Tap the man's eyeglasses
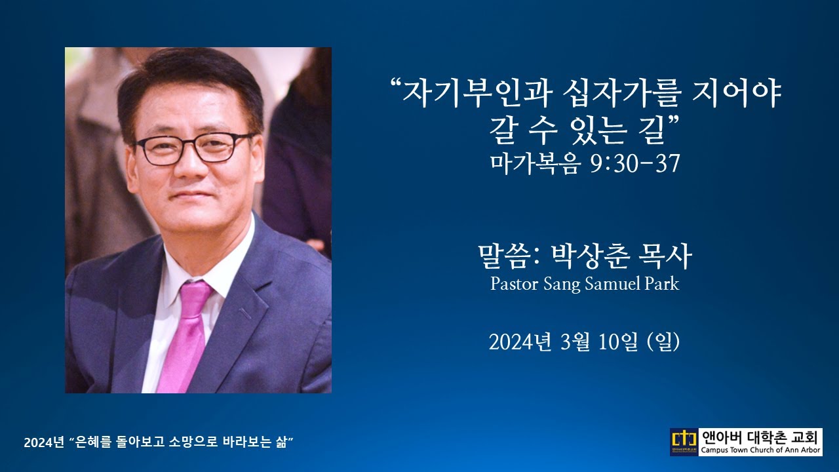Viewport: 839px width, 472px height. (193, 148)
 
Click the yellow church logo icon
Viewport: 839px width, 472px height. (684, 442)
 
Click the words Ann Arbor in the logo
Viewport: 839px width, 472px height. (800, 450)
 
